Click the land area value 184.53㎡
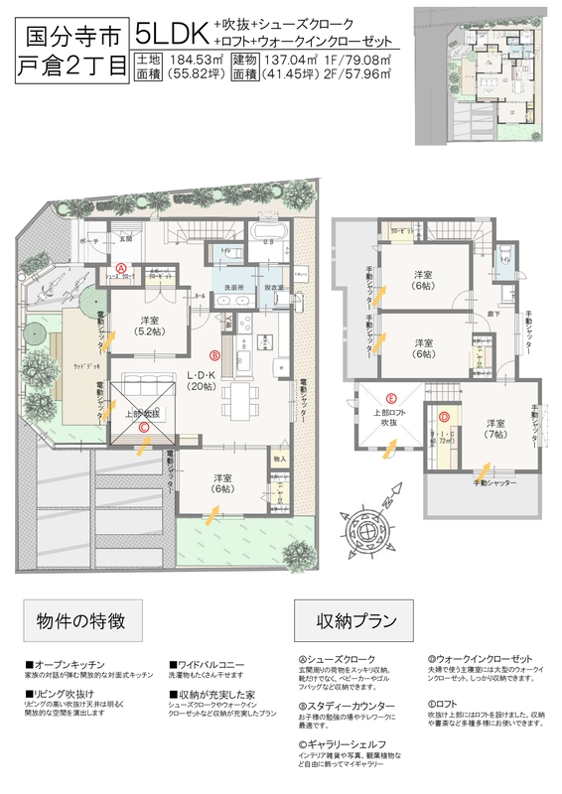tap(193, 60)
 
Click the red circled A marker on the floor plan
tap(120, 268)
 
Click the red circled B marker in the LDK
tap(215, 353)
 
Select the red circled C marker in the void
tap(145, 429)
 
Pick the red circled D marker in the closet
tap(444, 417)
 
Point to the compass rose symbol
tap(374, 535)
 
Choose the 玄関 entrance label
tap(125, 239)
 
